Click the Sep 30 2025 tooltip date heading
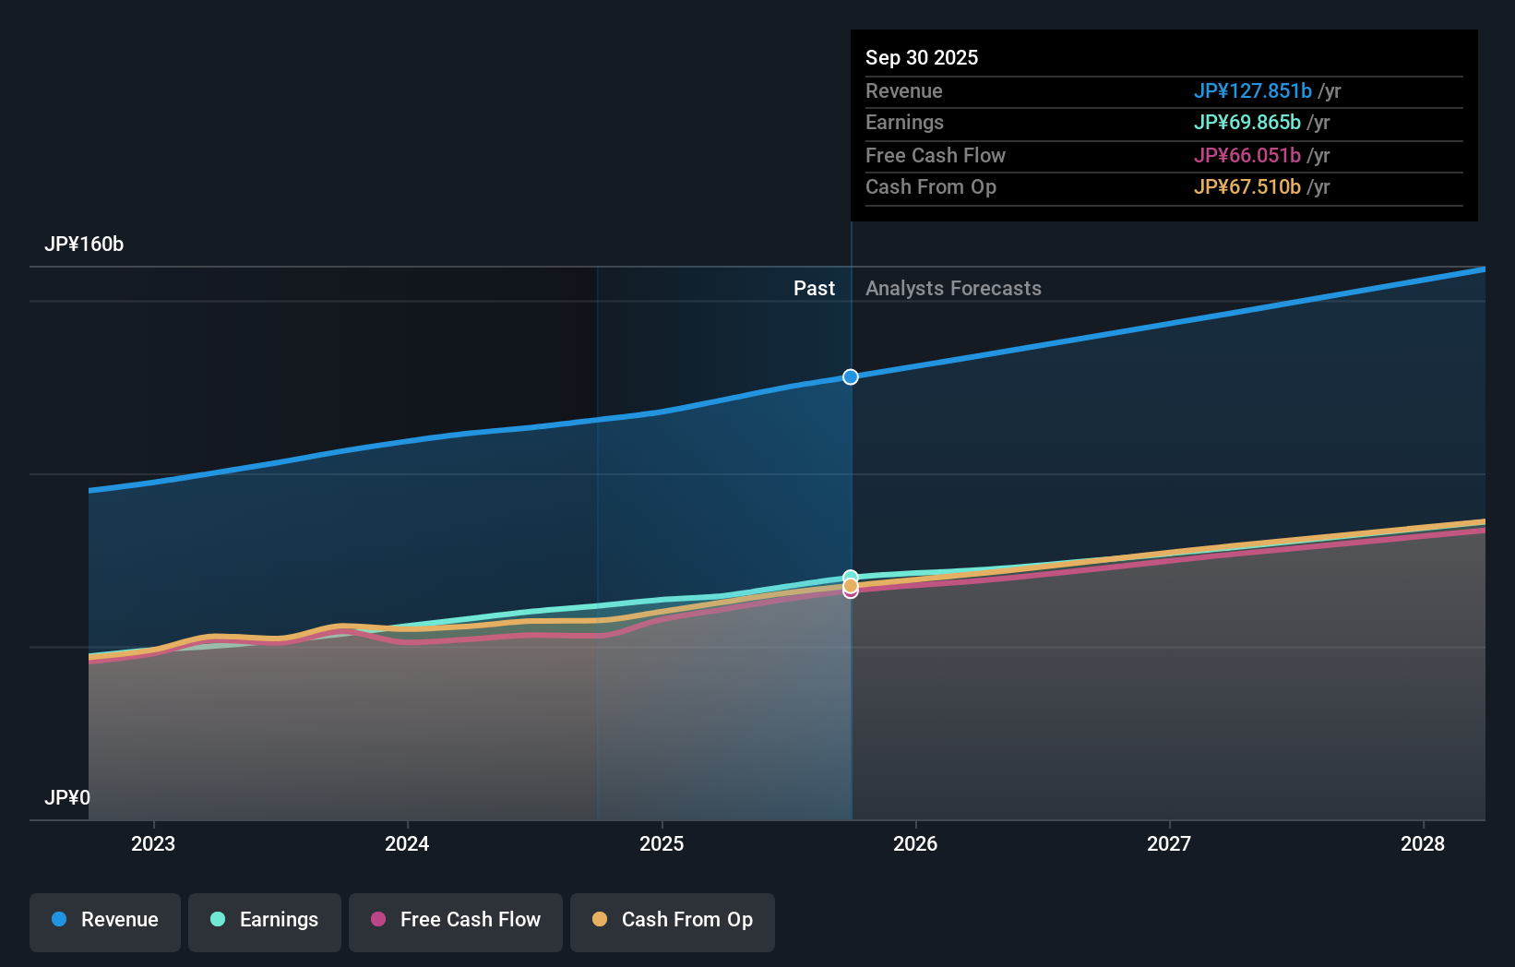point(921,57)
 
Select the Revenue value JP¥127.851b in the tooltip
point(1252,90)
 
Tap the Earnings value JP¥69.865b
point(1247,123)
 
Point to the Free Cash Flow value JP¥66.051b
point(1247,155)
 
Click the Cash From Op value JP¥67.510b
point(1247,187)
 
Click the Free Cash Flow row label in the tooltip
point(935,155)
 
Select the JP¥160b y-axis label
point(84,245)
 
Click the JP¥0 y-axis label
point(67,797)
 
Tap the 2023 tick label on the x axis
point(153,843)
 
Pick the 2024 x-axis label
point(407,843)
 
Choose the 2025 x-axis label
point(662,843)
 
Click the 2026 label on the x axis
point(915,843)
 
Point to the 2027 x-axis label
point(1169,843)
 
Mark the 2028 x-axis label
point(1423,843)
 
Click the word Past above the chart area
point(814,289)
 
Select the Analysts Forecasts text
point(953,289)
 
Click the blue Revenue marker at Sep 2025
point(851,376)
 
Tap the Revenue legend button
point(105,920)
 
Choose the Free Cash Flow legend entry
point(456,920)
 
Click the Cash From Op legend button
point(673,920)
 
